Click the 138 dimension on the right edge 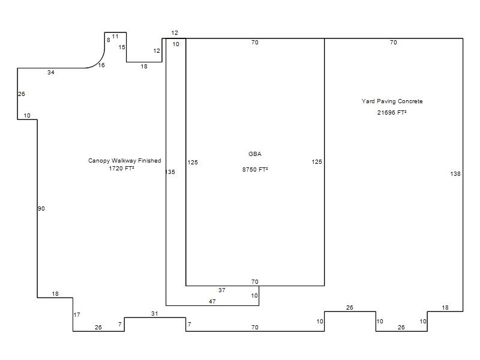[x=455, y=173]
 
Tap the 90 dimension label [x=41, y=208]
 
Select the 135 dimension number [x=170, y=172]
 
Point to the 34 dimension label [x=51, y=72]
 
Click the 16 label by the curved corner [x=101, y=65]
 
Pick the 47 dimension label [x=212, y=302]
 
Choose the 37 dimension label [x=222, y=290]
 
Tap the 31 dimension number [x=155, y=313]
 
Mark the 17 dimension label [x=77, y=314]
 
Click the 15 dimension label [x=122, y=47]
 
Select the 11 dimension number [x=115, y=37]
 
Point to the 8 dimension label [x=109, y=40]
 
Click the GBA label [x=255, y=154]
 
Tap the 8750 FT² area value [x=255, y=169]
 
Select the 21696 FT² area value [x=392, y=112]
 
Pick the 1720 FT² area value [x=122, y=168]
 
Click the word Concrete [x=410, y=101]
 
